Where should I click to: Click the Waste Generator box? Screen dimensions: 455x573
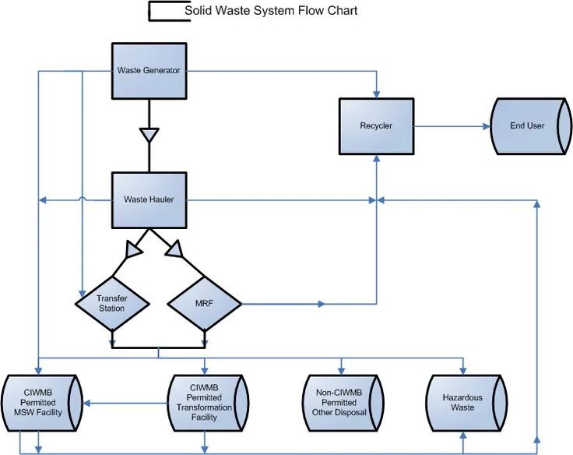coord(149,70)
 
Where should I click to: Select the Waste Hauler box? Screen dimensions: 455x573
coord(149,199)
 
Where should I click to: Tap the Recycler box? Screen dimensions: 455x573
coord(376,125)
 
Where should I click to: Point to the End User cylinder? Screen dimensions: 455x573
coord(527,125)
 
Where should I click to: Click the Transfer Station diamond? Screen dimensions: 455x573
coord(112,303)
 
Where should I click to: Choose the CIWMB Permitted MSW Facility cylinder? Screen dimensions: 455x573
coord(39,401)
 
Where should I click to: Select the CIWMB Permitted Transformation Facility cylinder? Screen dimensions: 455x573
coord(209,401)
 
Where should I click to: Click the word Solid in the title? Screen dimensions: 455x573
coord(199,11)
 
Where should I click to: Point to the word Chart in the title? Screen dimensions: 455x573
coord(343,11)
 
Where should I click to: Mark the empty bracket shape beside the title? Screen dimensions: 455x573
coord(168,12)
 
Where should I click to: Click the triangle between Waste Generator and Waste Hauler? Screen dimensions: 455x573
coord(149,136)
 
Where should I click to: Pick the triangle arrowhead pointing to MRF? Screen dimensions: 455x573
coord(174,249)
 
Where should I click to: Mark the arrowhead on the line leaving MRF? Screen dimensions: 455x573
coord(321,303)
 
